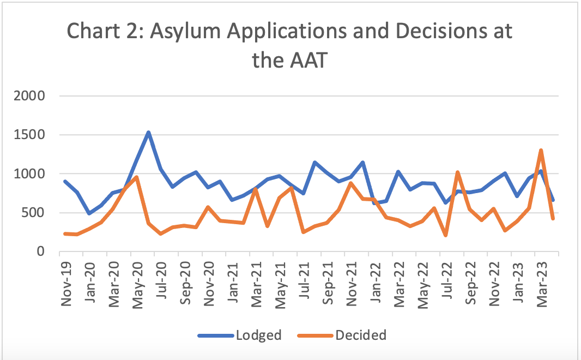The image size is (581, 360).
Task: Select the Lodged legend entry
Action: (x=258, y=334)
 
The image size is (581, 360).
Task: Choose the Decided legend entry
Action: (x=360, y=334)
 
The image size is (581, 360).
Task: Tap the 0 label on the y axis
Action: (x=41, y=251)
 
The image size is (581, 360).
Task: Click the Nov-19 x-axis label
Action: (x=66, y=281)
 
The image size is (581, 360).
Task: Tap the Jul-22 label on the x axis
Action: (x=446, y=281)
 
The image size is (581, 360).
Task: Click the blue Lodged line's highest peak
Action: (x=148, y=132)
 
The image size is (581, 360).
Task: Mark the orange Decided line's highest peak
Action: (x=541, y=150)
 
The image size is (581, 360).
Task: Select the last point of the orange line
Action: (x=553, y=218)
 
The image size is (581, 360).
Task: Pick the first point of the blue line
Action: (x=65, y=182)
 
